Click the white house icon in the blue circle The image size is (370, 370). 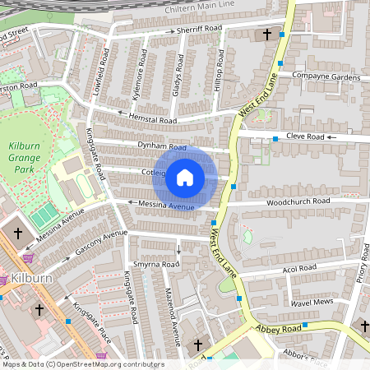(x=185, y=177)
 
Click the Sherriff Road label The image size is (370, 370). (x=199, y=30)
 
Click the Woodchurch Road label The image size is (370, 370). (x=298, y=201)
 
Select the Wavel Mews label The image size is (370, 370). (x=313, y=303)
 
